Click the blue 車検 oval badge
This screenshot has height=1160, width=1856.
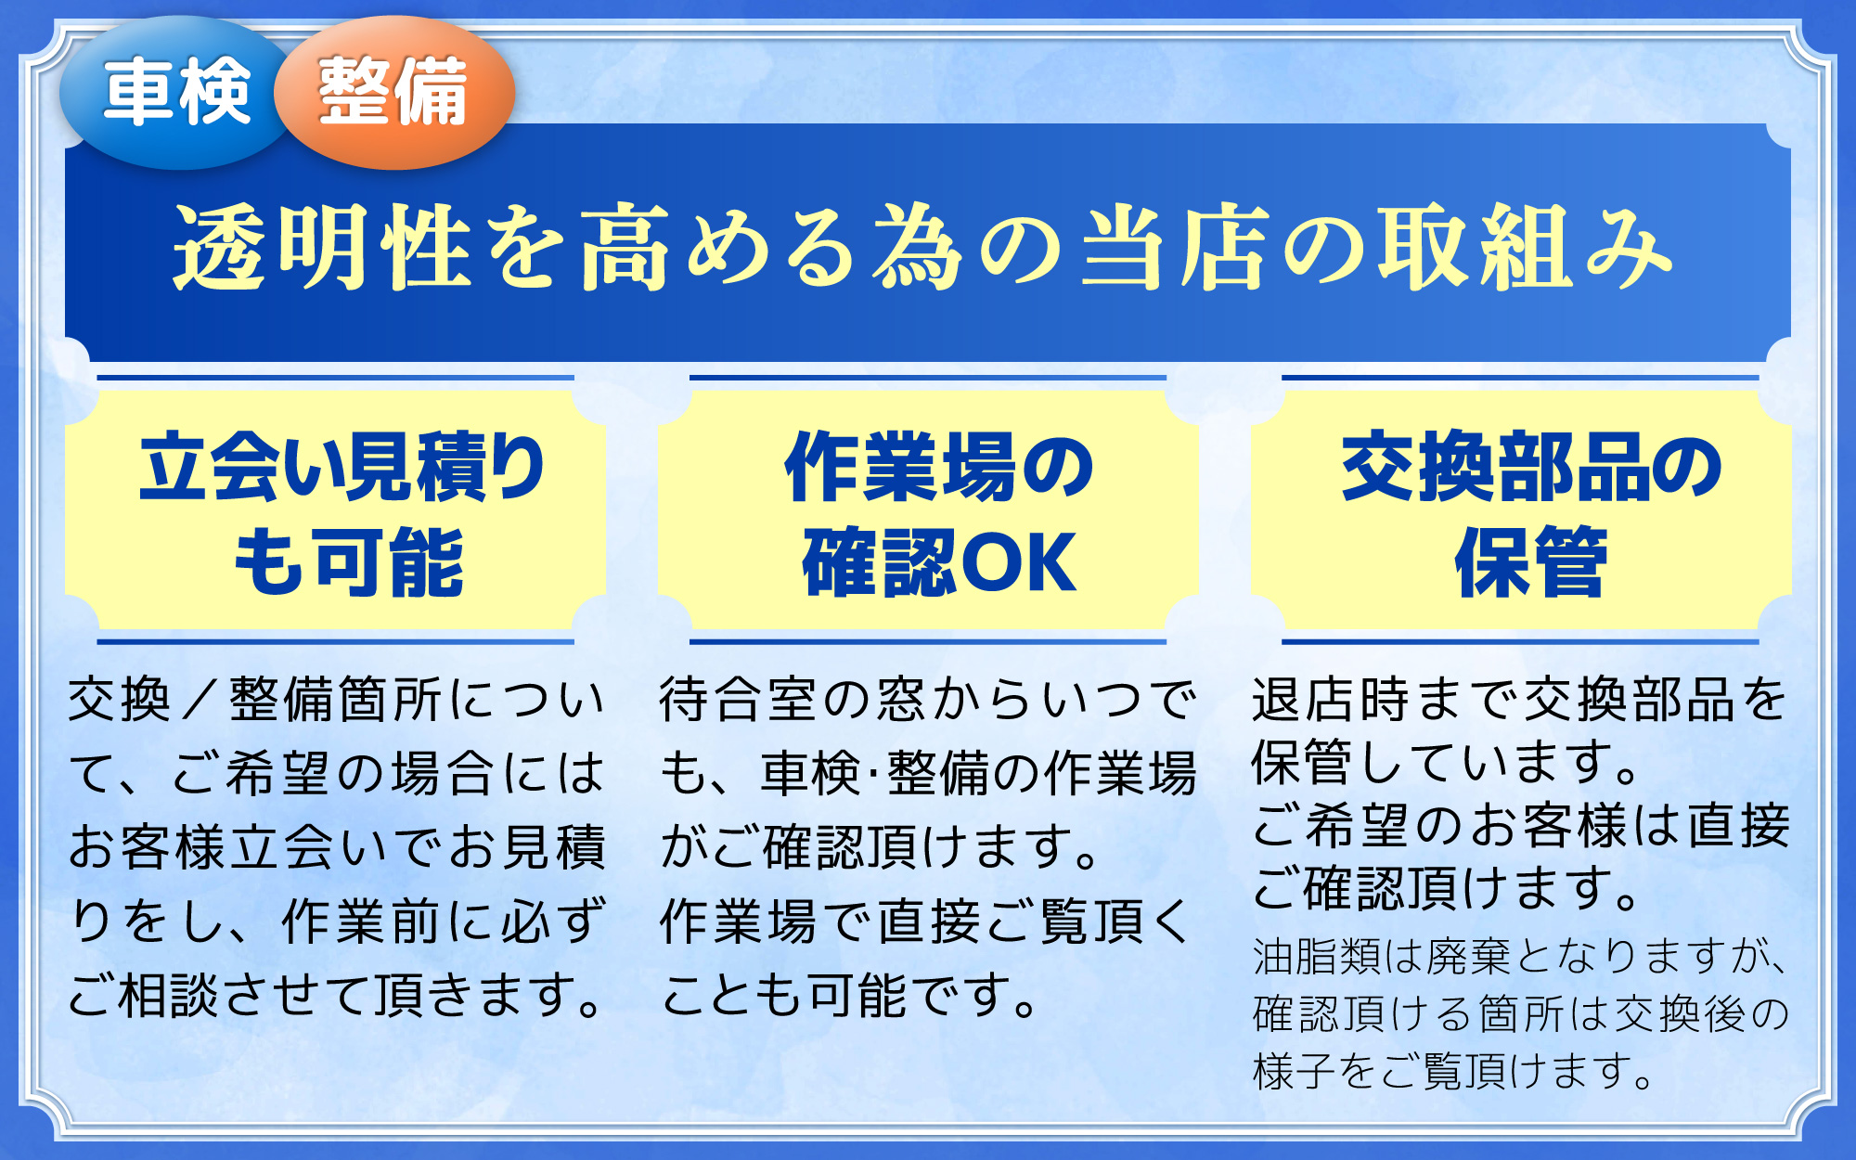coord(176,93)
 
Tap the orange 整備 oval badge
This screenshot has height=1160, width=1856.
coord(394,93)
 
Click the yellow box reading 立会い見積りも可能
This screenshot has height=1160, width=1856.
coord(335,509)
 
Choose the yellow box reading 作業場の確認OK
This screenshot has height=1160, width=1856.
coord(928,509)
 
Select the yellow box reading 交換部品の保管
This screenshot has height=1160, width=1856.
coord(1521,509)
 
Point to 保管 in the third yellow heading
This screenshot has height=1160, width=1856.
coord(1531,561)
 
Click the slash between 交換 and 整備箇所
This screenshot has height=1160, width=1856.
coord(200,700)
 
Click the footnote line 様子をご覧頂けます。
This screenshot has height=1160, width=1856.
coord(1453,1070)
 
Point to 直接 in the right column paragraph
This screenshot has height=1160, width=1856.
coord(1739,826)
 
